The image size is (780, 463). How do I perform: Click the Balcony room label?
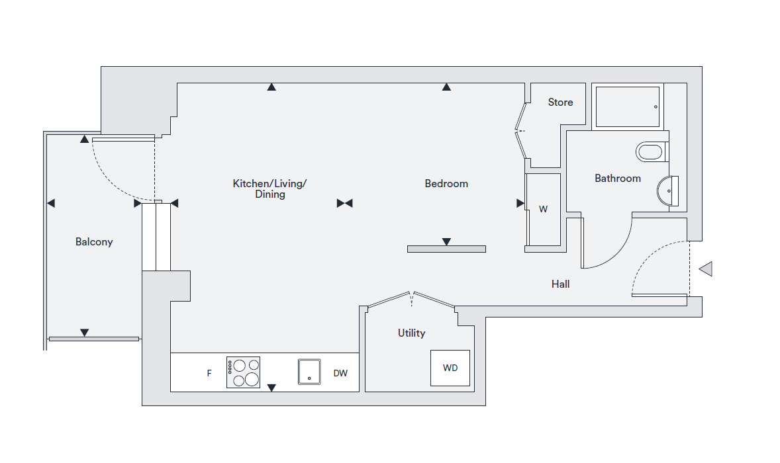click(x=94, y=242)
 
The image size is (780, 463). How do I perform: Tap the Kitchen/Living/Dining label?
click(x=269, y=189)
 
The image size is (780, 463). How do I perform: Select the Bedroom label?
click(x=446, y=184)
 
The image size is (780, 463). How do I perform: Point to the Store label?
click(x=560, y=103)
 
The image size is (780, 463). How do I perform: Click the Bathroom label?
click(x=618, y=179)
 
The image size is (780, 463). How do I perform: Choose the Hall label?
click(x=561, y=284)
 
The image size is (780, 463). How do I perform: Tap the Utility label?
click(x=411, y=333)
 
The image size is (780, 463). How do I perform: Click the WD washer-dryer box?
click(x=450, y=368)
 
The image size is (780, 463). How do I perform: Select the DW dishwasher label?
click(x=340, y=374)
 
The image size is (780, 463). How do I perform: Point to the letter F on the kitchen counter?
click(x=209, y=374)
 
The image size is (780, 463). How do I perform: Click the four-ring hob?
click(x=243, y=372)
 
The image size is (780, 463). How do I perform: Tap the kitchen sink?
click(x=309, y=372)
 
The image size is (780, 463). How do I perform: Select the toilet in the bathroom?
click(x=650, y=152)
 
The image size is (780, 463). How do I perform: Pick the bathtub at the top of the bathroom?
click(x=628, y=106)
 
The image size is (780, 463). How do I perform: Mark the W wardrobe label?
click(x=543, y=210)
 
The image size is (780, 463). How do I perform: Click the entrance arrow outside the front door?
click(x=706, y=269)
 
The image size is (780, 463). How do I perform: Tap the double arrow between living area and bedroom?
click(x=344, y=203)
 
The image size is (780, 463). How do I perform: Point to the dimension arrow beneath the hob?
click(x=271, y=388)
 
